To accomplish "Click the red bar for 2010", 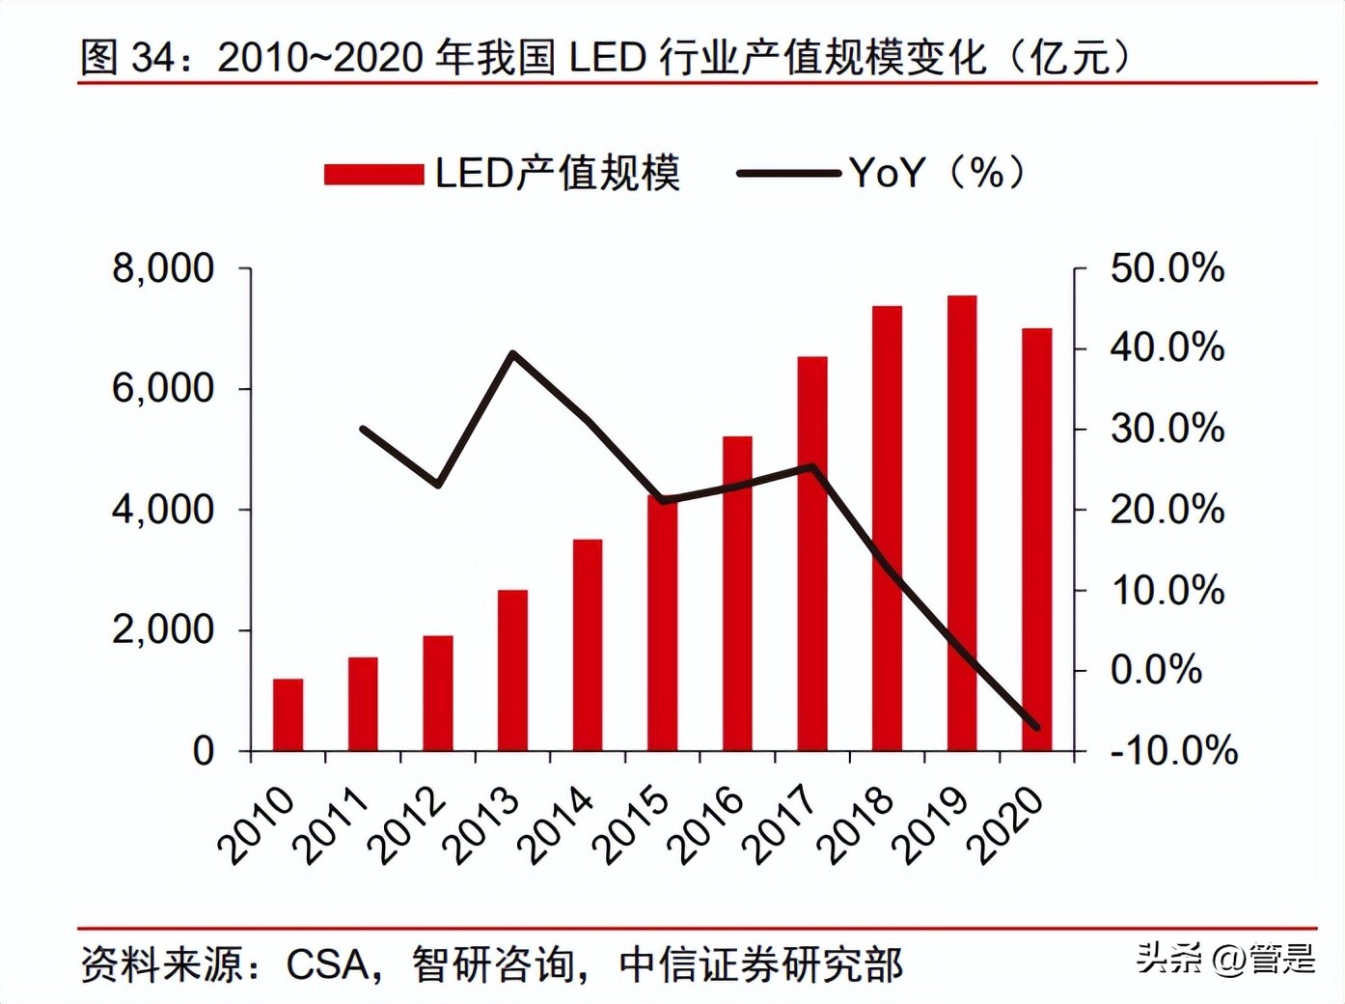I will click(x=288, y=714).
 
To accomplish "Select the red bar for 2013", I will click(x=512, y=670).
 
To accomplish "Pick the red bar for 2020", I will click(x=1037, y=540).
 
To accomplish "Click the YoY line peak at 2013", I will click(x=512, y=353).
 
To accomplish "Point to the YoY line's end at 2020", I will click(x=1037, y=727).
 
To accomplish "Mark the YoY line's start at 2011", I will click(x=363, y=428).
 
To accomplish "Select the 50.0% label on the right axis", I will click(x=1167, y=268).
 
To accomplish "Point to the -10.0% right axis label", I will click(x=1173, y=750).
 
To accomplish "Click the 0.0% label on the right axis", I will click(x=1156, y=669).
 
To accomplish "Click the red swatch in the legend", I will click(x=373, y=175).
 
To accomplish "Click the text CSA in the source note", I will click(x=327, y=963).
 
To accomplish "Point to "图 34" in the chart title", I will click(x=126, y=58).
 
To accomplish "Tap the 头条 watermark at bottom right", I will click(x=1169, y=958).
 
